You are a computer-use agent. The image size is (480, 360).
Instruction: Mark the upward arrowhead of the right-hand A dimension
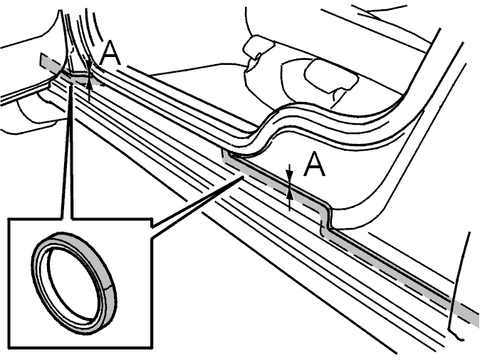[x=290, y=194]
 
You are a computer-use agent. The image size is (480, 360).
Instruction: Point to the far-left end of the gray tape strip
[x=41, y=59]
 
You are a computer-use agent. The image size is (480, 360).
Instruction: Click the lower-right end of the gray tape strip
[x=477, y=317]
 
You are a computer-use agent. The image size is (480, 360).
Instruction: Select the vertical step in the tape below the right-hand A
[x=325, y=218]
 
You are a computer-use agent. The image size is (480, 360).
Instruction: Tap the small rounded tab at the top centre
[x=258, y=46]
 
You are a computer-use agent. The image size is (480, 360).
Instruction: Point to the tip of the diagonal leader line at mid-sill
[x=242, y=177]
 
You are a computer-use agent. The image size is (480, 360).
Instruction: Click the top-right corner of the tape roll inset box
[x=152, y=218]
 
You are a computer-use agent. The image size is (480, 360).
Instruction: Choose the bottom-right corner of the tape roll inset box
[x=152, y=348]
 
